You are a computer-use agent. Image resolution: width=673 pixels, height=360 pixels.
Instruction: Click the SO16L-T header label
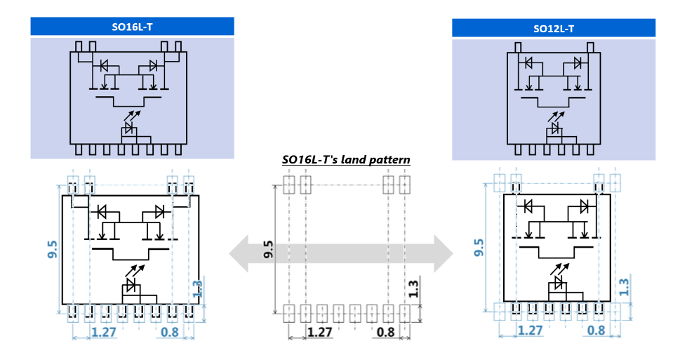click(133, 27)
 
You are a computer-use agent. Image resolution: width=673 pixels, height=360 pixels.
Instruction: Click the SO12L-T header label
click(554, 29)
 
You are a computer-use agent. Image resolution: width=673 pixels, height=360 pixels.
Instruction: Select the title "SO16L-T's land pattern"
click(346, 160)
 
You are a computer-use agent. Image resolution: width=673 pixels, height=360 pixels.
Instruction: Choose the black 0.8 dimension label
click(385, 332)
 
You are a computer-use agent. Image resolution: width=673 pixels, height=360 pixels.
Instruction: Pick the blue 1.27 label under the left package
click(102, 332)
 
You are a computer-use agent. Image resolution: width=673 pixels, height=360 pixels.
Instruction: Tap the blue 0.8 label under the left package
click(169, 332)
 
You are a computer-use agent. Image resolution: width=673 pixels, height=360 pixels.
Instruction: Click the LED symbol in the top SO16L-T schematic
click(129, 127)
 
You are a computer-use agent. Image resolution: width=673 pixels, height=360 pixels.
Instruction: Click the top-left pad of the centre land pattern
click(289, 185)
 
